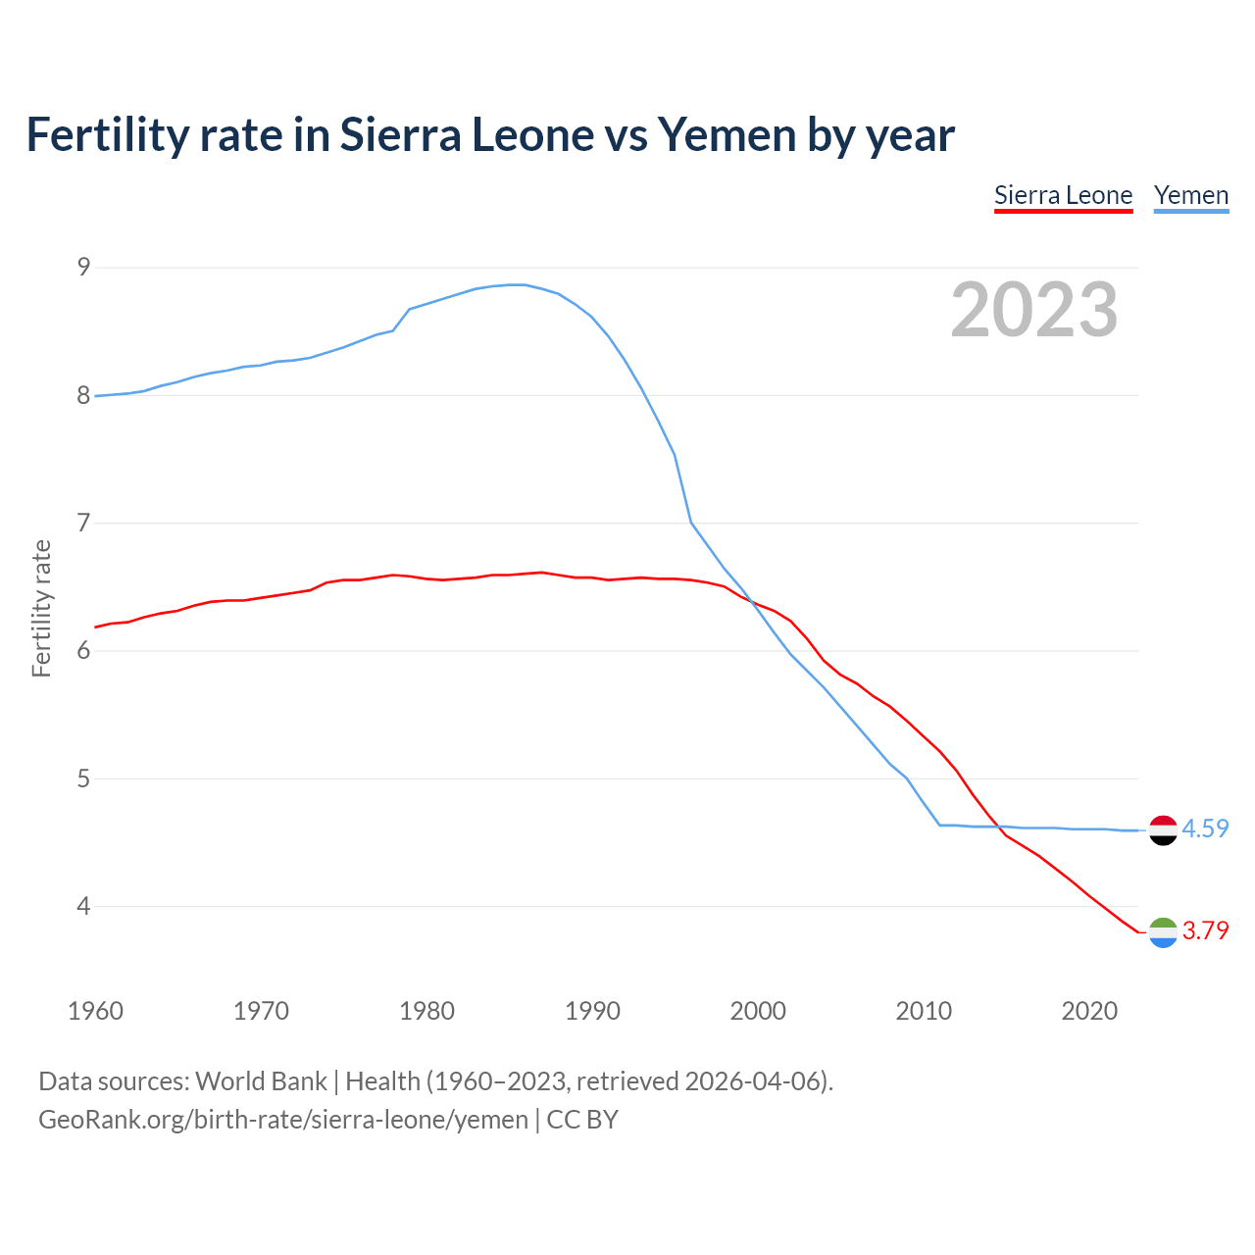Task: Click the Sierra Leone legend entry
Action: tap(1063, 195)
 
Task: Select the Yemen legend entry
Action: tap(1190, 195)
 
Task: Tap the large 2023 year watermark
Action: tap(1033, 310)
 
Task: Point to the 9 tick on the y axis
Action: tap(83, 267)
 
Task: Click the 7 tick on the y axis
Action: tap(83, 523)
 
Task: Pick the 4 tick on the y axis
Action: tap(83, 906)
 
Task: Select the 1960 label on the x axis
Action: tap(95, 1011)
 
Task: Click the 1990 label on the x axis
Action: tap(592, 1011)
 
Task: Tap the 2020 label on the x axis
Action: tap(1089, 1011)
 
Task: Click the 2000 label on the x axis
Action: tap(758, 1011)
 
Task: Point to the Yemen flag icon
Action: tap(1163, 829)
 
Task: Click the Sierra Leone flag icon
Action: tap(1163, 931)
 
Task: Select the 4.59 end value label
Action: tap(1205, 828)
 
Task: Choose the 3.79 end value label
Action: tap(1205, 930)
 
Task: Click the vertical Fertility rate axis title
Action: tap(41, 608)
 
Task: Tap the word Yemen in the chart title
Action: tap(727, 134)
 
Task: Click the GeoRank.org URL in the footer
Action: tap(282, 1119)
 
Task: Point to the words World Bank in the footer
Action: tap(261, 1080)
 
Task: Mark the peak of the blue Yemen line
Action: tap(517, 284)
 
